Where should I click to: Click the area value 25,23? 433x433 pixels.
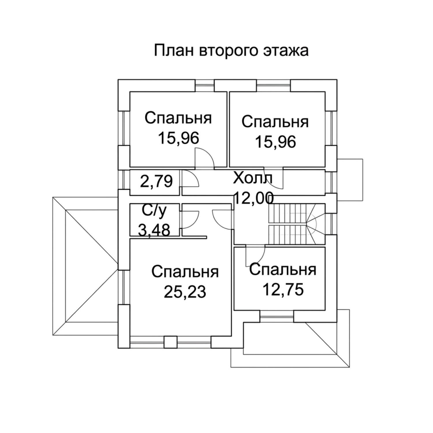pyautogui.click(x=185, y=292)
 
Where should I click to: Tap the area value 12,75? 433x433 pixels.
pyautogui.click(x=283, y=290)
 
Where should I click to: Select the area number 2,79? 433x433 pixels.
pyautogui.click(x=156, y=182)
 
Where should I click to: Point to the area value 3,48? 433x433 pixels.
pyautogui.click(x=154, y=230)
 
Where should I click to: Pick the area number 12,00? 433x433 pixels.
pyautogui.click(x=253, y=198)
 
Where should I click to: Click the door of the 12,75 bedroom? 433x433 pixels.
pyautogui.click(x=255, y=256)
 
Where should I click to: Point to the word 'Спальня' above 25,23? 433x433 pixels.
pyautogui.click(x=185, y=272)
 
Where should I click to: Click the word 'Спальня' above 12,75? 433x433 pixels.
pyautogui.click(x=283, y=270)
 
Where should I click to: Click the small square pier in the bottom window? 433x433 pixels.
pyautogui.click(x=170, y=342)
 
